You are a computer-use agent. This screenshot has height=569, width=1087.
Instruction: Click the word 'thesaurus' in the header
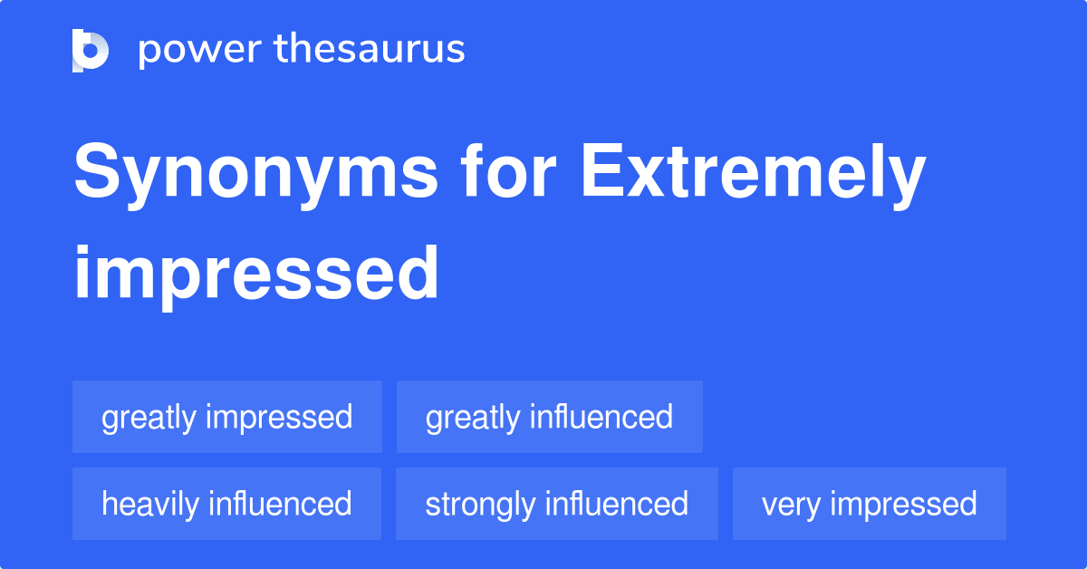click(x=370, y=50)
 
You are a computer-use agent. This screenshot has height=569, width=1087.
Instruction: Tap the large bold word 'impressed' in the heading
click(x=256, y=273)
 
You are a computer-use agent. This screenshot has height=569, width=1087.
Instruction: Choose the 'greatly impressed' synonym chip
click(x=226, y=418)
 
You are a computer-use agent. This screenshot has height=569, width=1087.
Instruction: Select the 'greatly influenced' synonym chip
click(x=549, y=418)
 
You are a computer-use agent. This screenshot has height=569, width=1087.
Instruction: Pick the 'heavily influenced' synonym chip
click(x=226, y=504)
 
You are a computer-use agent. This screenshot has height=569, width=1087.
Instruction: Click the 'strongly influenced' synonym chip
click(x=556, y=504)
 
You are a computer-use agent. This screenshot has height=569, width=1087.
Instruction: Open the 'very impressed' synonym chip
click(x=869, y=504)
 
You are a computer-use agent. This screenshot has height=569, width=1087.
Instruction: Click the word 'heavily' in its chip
click(x=150, y=504)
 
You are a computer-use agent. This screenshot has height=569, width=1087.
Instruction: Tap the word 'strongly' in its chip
click(x=479, y=504)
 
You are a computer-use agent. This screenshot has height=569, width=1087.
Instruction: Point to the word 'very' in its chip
click(x=790, y=504)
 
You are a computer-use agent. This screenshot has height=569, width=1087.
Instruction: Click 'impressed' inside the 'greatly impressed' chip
click(x=279, y=418)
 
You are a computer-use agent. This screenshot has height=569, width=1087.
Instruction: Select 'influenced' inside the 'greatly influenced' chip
click(x=601, y=418)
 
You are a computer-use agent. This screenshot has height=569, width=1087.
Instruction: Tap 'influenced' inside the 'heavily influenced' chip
click(x=279, y=504)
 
